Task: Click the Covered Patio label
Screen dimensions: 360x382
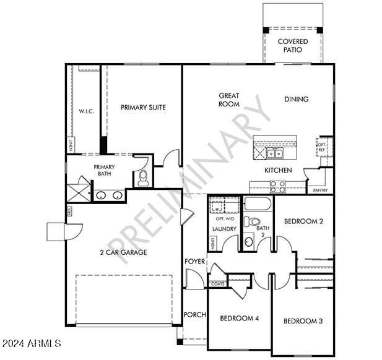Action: (293, 46)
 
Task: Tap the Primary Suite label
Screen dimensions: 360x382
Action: (143, 108)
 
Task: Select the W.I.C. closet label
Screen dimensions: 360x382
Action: (85, 112)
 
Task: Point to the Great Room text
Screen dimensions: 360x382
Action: (229, 100)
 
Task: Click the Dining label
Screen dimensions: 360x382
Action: (296, 99)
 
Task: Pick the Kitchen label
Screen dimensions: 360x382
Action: (278, 170)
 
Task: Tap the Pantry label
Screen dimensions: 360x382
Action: (320, 191)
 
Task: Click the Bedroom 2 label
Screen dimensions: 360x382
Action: (303, 221)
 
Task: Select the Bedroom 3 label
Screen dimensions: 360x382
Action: (303, 321)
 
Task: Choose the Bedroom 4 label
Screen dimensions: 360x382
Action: (239, 319)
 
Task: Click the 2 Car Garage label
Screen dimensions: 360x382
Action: (124, 252)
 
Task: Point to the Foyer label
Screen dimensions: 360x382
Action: (194, 262)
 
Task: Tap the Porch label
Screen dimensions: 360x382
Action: (194, 315)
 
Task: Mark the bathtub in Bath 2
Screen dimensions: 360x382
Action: (258, 204)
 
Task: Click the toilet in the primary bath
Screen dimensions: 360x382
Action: (144, 178)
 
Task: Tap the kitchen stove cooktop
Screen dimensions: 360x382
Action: (277, 184)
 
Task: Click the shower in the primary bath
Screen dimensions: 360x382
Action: (78, 189)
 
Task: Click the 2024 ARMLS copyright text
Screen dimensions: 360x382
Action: (31, 343)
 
